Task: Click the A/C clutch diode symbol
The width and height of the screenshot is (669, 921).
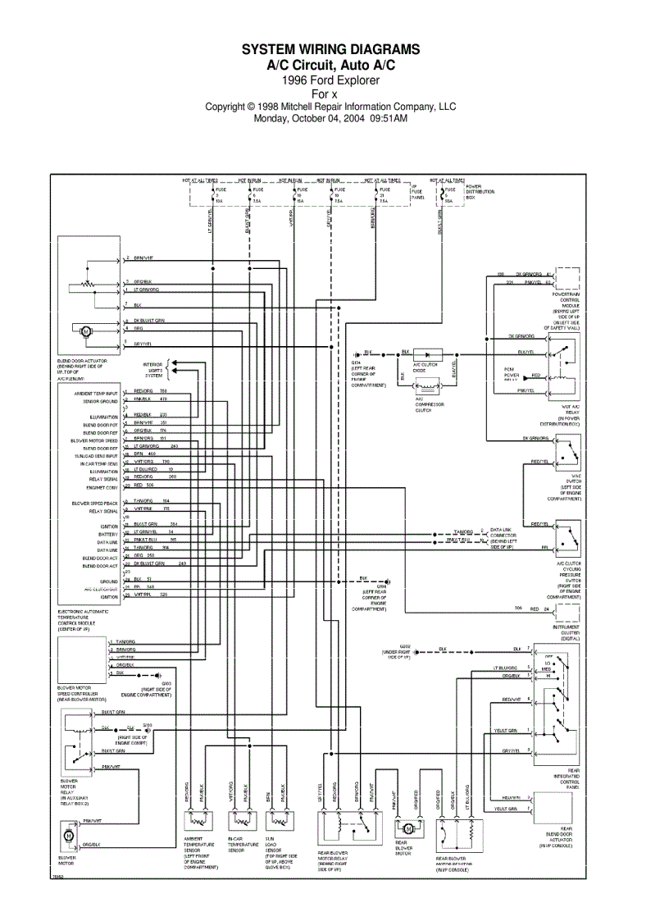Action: [428, 353]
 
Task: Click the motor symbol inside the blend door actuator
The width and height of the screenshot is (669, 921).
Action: [84, 331]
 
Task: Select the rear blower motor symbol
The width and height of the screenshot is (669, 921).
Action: [407, 829]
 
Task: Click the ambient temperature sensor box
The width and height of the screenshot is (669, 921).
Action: [198, 821]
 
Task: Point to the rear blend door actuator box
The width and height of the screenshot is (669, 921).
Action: [556, 808]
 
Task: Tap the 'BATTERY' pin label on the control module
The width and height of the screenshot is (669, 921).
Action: [108, 534]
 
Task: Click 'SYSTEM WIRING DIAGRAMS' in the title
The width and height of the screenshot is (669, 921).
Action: [330, 50]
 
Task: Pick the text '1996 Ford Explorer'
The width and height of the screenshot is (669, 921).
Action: [330, 80]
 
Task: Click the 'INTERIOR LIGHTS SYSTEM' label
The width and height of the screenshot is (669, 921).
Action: [153, 370]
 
